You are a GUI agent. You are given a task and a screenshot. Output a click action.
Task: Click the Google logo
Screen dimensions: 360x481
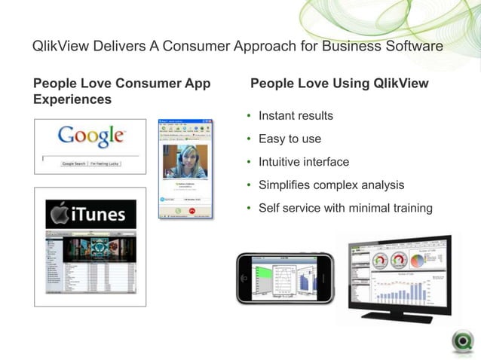pos(90,136)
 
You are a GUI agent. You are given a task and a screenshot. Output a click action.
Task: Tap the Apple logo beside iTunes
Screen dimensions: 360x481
pos(60,215)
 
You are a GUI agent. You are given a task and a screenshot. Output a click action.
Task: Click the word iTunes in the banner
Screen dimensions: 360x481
pos(100,215)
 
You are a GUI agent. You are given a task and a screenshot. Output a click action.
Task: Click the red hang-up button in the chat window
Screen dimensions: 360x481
pos(192,212)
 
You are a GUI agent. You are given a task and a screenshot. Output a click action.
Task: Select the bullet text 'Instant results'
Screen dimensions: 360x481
pos(296,116)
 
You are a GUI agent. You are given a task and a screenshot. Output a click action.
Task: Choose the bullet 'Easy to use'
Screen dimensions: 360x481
pos(290,139)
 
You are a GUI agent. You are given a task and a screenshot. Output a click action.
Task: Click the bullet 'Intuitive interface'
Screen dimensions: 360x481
pos(304,161)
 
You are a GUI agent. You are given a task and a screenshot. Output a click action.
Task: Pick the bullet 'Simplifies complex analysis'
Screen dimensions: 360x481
pos(331,185)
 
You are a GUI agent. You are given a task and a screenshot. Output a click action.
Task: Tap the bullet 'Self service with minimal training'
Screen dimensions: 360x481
pos(345,207)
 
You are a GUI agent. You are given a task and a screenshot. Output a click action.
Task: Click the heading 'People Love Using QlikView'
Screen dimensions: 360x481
pos(339,83)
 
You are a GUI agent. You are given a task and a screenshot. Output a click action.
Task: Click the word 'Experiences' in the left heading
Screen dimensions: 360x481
pos(72,99)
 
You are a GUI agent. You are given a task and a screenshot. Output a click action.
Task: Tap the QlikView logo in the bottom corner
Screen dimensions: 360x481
pos(462,341)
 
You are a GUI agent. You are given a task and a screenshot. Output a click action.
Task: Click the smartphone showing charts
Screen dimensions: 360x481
pos(284,279)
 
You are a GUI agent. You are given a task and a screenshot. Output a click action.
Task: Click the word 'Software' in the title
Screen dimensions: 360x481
pos(413,47)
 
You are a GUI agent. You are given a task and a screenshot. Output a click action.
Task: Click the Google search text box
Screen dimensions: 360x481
pos(90,156)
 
